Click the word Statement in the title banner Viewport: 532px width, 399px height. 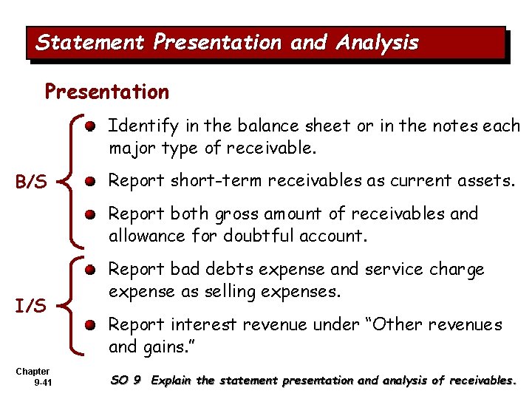(x=90, y=43)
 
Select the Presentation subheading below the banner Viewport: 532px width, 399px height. (x=106, y=92)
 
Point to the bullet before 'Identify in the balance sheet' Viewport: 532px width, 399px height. (x=89, y=127)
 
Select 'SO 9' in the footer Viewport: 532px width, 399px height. (x=125, y=381)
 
